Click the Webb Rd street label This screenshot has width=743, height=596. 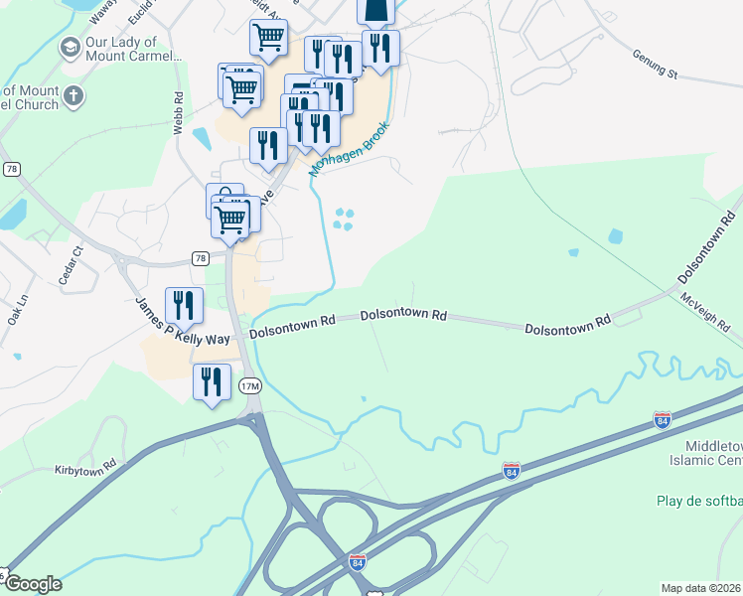[179, 114]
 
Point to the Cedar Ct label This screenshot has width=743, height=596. [68, 271]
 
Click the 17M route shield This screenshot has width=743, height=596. [250, 385]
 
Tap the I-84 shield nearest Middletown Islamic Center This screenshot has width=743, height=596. [662, 420]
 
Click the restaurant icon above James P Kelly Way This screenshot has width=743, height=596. [183, 302]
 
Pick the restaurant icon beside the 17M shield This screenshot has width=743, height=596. [212, 379]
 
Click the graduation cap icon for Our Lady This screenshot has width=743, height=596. [70, 48]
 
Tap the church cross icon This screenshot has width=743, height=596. [74, 96]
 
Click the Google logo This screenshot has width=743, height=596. [33, 583]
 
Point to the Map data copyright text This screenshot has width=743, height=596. [699, 588]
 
